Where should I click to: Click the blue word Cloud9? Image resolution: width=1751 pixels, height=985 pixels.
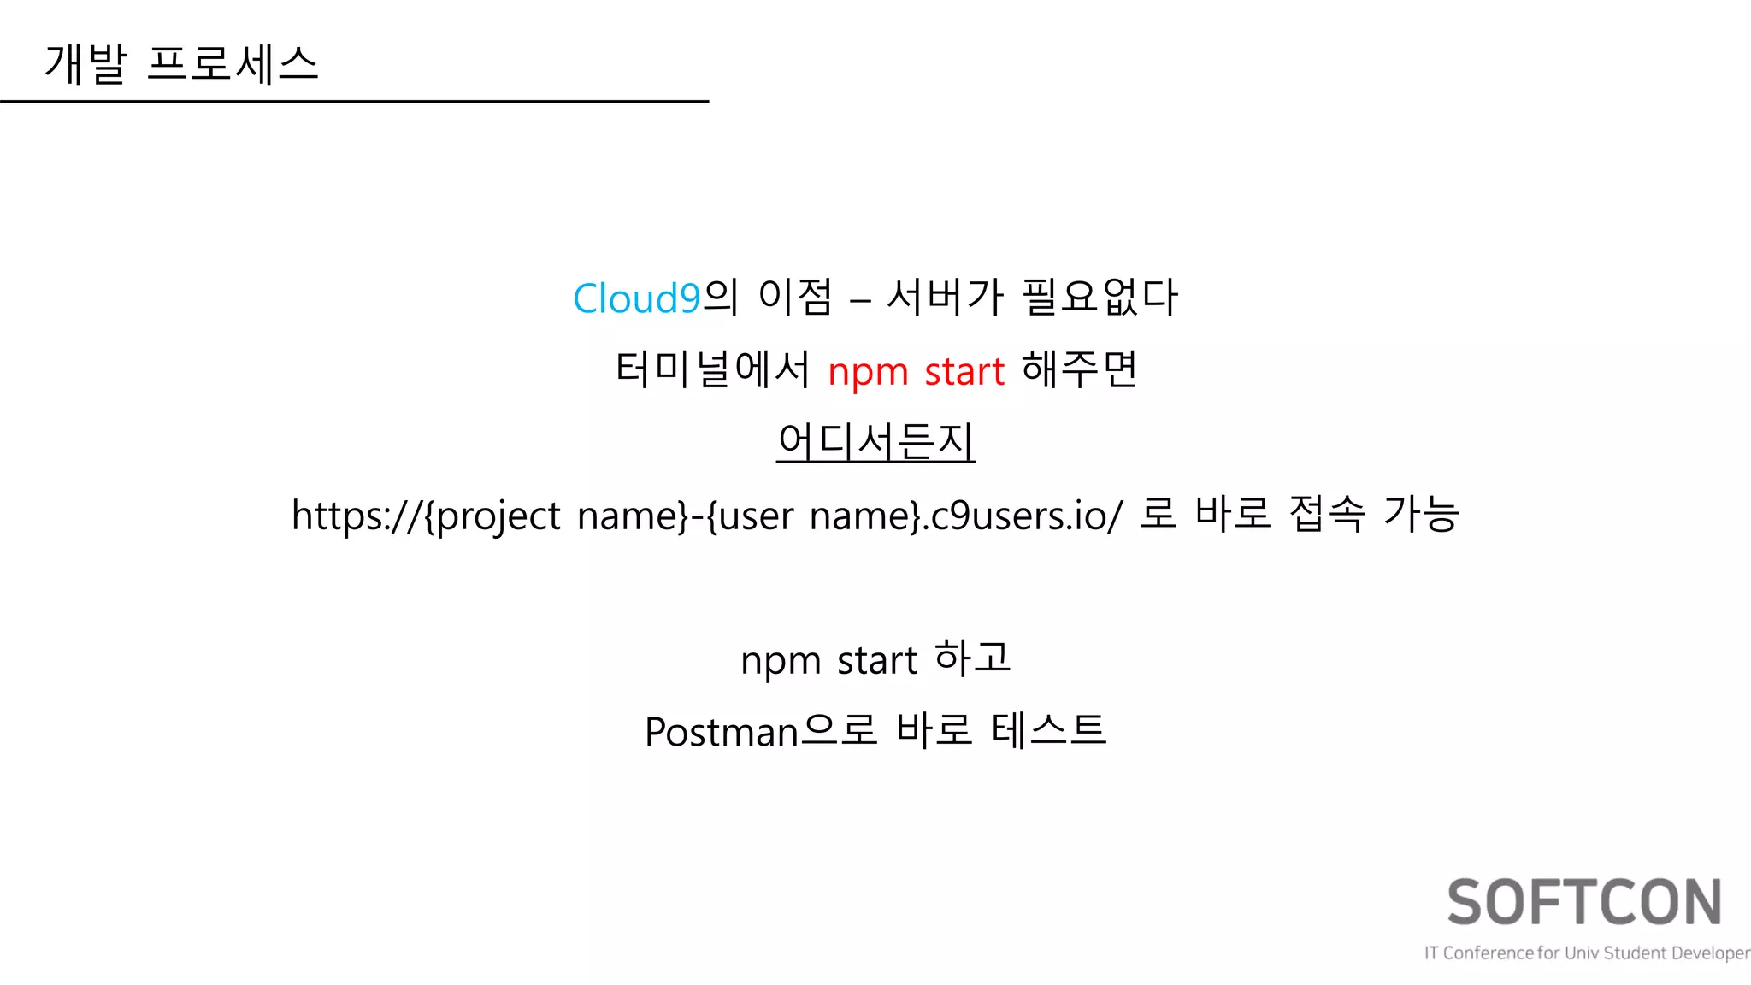coord(636,298)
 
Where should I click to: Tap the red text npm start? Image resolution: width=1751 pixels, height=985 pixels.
coord(916,371)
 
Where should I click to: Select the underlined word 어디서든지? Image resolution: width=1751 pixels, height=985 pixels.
coord(875,442)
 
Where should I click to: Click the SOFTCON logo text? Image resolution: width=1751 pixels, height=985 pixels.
coord(1584,903)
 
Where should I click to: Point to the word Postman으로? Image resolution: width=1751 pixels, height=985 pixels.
coord(760,732)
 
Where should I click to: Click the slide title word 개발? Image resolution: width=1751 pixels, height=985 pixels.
coord(85,64)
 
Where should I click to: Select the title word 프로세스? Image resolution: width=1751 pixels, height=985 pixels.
coord(233,64)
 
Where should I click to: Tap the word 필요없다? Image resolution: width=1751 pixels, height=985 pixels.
coord(1100,298)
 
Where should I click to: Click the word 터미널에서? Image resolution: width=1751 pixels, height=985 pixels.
coord(712,370)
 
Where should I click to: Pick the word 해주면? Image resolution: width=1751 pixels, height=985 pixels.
coord(1079,370)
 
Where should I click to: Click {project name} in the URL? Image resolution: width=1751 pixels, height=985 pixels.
coord(556,516)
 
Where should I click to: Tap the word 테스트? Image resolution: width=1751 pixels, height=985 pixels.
coord(1049,731)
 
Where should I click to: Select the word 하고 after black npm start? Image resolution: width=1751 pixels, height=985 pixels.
coord(973,658)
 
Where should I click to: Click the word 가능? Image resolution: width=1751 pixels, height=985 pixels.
coord(1421,515)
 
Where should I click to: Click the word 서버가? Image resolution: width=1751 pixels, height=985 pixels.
coord(945,298)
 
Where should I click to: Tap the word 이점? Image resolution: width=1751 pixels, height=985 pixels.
coord(795,298)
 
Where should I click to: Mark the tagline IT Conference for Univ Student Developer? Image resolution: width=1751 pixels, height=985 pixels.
coord(1587,953)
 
